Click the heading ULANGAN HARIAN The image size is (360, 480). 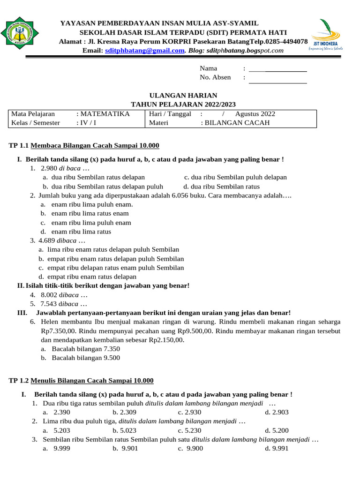click(183, 95)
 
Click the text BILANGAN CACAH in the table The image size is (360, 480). click(238, 123)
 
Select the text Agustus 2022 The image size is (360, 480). click(255, 114)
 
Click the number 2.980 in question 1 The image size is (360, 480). click(49, 168)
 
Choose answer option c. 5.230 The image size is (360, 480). click(189, 430)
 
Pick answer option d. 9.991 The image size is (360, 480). click(277, 448)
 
